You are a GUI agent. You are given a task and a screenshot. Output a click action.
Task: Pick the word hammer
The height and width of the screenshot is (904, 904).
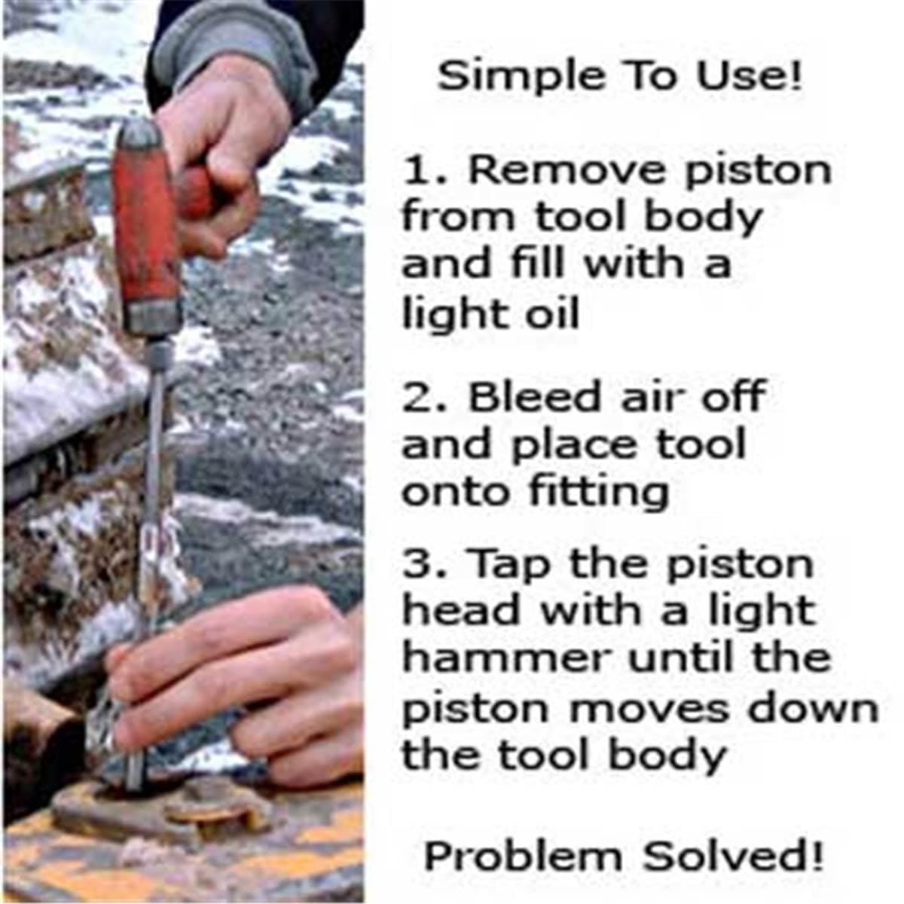[x=505, y=659]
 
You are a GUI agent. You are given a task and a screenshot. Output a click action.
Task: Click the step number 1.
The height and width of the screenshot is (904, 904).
[x=417, y=171]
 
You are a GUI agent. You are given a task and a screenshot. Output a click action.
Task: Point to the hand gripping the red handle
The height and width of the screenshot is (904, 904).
[x=226, y=151]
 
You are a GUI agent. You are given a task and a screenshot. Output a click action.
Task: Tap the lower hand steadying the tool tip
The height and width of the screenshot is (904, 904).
[x=249, y=678]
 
